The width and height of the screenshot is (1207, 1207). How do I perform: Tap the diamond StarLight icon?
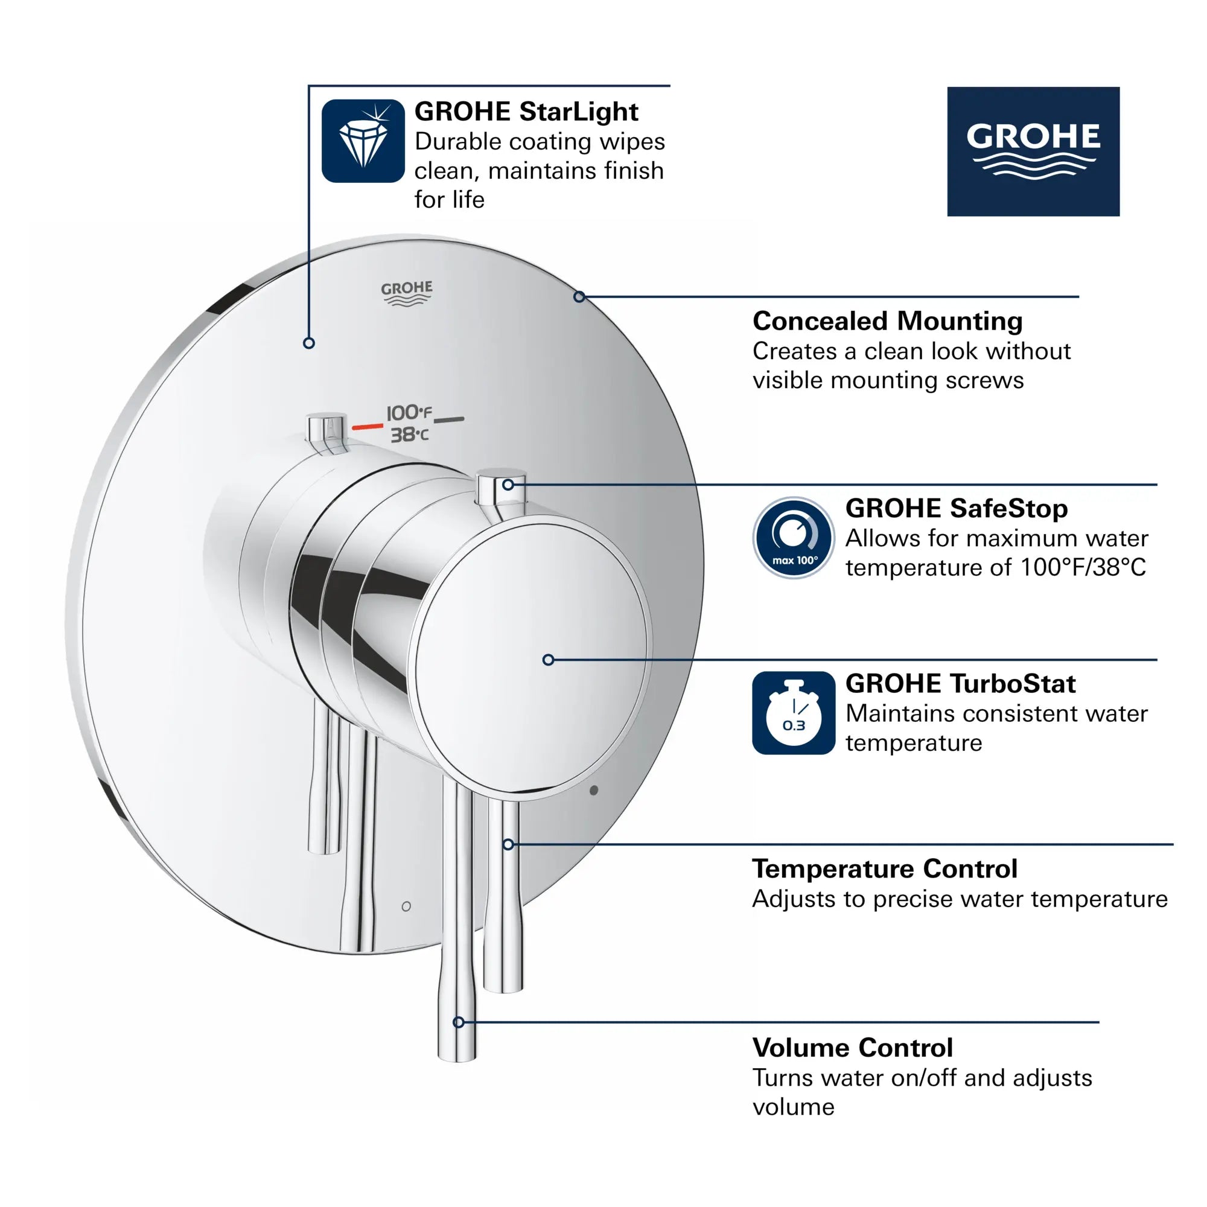[x=363, y=141]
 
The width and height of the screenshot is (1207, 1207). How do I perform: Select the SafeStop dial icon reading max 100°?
[x=794, y=537]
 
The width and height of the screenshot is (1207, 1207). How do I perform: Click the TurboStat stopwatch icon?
[x=794, y=713]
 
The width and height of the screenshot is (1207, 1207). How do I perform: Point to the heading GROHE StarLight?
[x=526, y=112]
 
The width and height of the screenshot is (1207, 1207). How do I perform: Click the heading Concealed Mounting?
[x=887, y=321]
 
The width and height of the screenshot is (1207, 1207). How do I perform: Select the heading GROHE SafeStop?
[x=956, y=508]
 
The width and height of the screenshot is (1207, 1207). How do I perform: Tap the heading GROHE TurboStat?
[x=960, y=684]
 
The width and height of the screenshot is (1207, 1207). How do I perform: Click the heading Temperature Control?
[x=885, y=869]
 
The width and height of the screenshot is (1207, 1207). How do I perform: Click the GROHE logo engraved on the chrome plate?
[x=407, y=292]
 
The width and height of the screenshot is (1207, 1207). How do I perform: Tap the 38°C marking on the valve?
[x=410, y=434]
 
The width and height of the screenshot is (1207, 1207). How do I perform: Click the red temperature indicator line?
[x=368, y=427]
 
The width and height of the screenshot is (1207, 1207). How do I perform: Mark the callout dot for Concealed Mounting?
[x=579, y=297]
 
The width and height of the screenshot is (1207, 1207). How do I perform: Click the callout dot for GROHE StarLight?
[x=308, y=343]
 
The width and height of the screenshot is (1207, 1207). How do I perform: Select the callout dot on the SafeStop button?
[x=508, y=484]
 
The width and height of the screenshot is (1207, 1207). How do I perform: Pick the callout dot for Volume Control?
[x=459, y=1023]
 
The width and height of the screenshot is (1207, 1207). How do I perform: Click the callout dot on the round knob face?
[x=548, y=660]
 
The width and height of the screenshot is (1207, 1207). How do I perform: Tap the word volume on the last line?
[x=794, y=1107]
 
